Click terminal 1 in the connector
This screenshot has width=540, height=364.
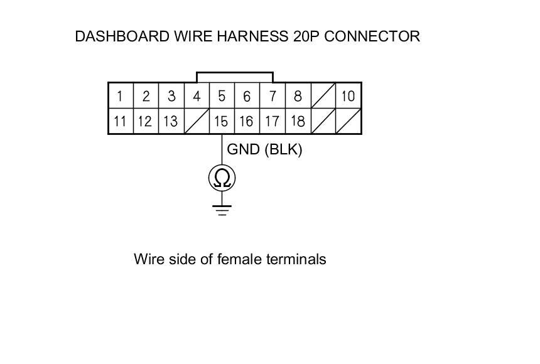(x=120, y=96)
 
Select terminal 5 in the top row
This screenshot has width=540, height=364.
(x=222, y=96)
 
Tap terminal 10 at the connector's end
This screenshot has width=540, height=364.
(x=348, y=96)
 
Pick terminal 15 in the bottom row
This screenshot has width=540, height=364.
(x=221, y=121)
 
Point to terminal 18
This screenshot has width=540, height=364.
(x=298, y=121)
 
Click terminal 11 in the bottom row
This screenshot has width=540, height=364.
(x=120, y=121)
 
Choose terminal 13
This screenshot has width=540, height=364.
(x=170, y=121)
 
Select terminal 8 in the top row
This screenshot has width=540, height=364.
(x=298, y=96)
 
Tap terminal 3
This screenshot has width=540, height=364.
(x=171, y=96)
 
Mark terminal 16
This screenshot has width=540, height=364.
(x=247, y=121)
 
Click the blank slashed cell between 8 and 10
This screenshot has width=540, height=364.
(x=323, y=96)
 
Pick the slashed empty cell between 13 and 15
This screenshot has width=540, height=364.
(x=196, y=121)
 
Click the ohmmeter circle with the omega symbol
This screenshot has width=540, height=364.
(x=222, y=179)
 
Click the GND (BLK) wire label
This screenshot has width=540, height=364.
(x=264, y=150)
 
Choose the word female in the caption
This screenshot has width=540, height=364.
(x=235, y=259)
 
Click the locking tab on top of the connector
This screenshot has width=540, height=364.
(x=234, y=77)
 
